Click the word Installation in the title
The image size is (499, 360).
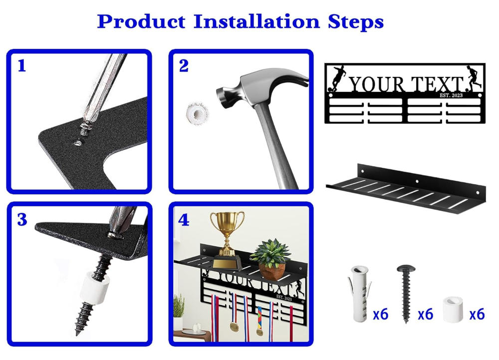coord(256,21)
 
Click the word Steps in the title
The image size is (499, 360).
coord(356,21)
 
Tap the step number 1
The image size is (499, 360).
coord(21,66)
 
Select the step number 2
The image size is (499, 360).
coord(184,66)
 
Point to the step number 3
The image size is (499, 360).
coord(22,219)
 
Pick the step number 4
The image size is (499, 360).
coord(184,220)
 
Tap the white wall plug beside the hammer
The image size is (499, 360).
coord(197,113)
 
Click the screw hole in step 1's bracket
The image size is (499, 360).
coord(76,143)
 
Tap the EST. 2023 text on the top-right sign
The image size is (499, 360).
coord(451,95)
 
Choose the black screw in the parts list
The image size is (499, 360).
coord(406,293)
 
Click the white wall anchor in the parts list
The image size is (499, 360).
coord(360,294)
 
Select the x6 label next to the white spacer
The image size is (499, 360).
coord(477,314)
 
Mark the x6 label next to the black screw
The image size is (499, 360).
coord(425,314)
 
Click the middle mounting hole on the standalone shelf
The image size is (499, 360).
coord(417,181)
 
